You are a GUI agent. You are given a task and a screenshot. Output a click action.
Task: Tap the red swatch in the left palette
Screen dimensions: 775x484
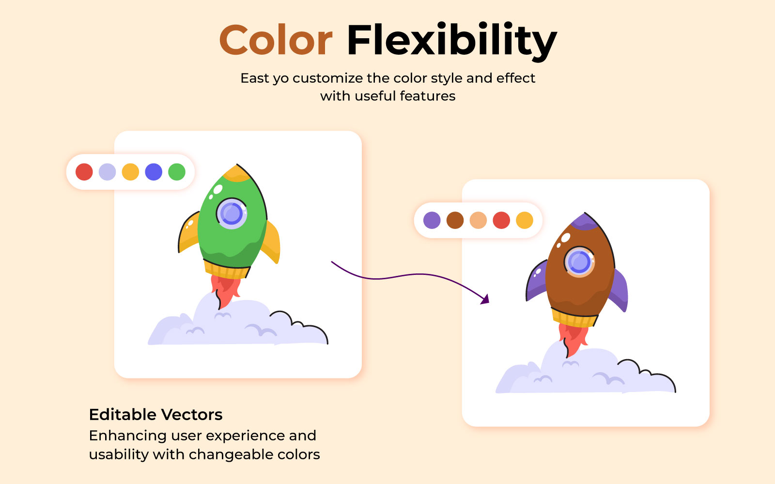[84, 172]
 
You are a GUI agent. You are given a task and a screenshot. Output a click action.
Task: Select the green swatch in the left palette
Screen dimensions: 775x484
[177, 172]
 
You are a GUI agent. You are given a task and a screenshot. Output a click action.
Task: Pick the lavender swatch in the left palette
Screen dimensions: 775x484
[107, 172]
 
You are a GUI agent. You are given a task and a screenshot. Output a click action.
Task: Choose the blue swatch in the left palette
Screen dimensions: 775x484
[154, 172]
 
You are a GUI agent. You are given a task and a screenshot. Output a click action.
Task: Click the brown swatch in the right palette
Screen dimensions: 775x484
[455, 220]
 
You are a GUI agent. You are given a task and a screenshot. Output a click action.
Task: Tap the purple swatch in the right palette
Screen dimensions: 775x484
[432, 220]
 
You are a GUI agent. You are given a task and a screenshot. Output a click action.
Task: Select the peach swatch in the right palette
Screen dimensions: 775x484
[478, 220]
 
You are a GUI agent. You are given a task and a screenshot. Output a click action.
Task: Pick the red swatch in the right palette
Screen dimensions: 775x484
[501, 220]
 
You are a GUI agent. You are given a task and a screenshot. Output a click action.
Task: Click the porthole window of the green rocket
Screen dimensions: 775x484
[232, 213]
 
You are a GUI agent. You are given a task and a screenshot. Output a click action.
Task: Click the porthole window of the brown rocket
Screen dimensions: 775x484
[579, 262]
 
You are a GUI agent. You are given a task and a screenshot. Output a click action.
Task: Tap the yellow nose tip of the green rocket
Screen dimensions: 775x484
[237, 173]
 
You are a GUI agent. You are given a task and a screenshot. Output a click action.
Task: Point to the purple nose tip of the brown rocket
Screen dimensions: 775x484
[584, 222]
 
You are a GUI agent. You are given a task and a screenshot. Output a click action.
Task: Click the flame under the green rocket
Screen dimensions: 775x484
[225, 291]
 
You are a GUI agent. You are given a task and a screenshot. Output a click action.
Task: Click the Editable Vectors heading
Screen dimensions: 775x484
[155, 414]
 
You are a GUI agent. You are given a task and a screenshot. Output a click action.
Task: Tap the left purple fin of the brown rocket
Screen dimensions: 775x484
[537, 280]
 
